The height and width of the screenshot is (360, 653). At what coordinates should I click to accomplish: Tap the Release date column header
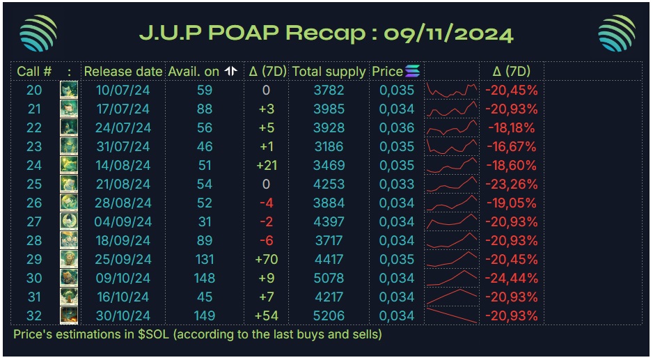pos(123,71)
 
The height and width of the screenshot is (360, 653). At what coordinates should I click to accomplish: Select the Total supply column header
pos(329,71)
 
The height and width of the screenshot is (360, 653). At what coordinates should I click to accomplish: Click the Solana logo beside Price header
pos(413,71)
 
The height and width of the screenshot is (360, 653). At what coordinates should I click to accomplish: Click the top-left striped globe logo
pos(38,33)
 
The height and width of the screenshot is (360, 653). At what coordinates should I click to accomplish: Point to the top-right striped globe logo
pos(616,33)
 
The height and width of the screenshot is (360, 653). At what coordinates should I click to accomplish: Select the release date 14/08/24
pos(123,165)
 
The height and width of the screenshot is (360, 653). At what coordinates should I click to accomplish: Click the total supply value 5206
pos(329,315)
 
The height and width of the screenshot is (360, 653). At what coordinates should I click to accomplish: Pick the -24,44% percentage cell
pos(512,278)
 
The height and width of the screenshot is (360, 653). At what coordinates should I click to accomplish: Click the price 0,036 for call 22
pos(397,127)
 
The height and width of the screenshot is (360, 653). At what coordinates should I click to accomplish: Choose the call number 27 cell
pos(34,221)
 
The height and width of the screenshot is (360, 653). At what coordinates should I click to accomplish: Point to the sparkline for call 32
pos(452,315)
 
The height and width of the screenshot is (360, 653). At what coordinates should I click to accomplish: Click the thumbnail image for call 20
pos(69,90)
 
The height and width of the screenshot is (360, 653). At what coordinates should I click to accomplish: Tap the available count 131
pos(204,259)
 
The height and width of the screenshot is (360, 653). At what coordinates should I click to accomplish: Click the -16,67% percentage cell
pos(512,146)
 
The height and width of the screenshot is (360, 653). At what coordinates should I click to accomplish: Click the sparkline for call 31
pos(452,297)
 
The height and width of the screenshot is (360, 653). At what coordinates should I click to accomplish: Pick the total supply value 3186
pos(329,146)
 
